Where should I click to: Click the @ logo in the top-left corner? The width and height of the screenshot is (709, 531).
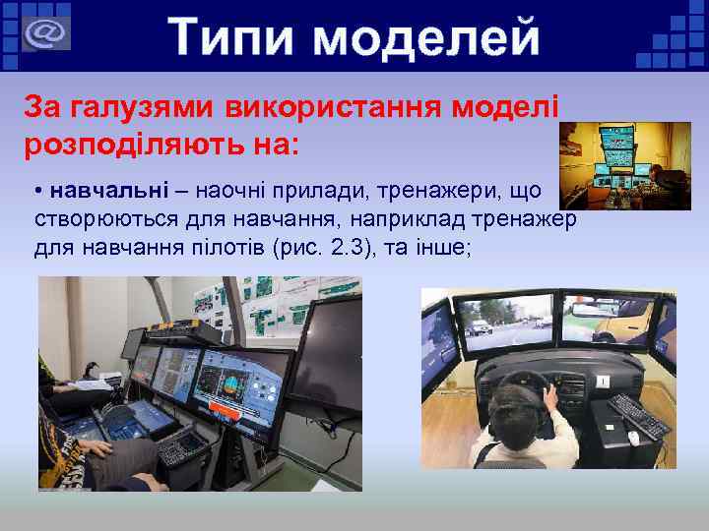click(43, 34)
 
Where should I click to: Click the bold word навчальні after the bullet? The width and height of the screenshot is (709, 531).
click(103, 187)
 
